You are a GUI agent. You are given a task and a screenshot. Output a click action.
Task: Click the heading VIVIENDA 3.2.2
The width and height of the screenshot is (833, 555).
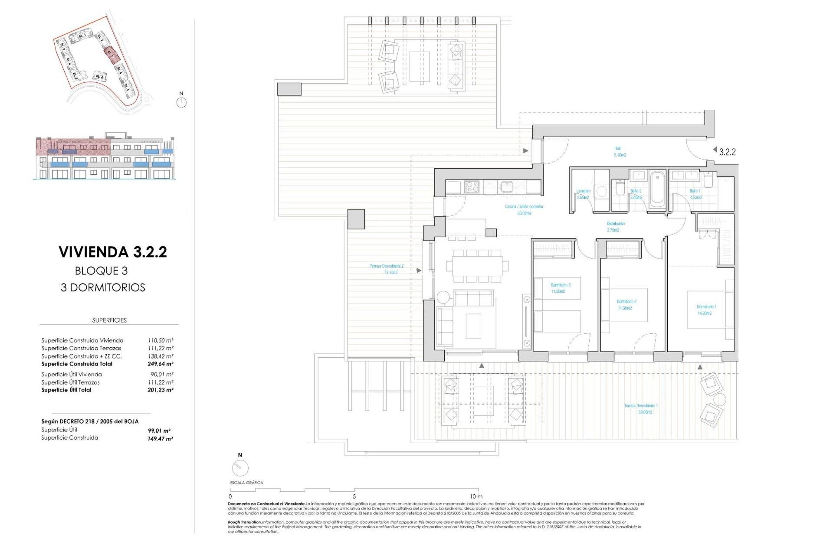pyautogui.click(x=113, y=252)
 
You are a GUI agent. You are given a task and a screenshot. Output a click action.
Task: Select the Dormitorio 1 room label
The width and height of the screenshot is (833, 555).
pyautogui.click(x=706, y=310)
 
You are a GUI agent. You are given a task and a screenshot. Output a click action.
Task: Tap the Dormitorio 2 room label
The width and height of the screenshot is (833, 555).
pyautogui.click(x=626, y=304)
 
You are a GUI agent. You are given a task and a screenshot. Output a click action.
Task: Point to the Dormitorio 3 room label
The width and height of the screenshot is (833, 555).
pyautogui.click(x=560, y=288)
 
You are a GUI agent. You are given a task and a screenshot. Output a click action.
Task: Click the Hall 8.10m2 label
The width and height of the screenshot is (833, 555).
pyautogui.click(x=619, y=151)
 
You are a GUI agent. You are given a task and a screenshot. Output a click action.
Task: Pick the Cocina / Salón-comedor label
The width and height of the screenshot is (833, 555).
pyautogui.click(x=524, y=209)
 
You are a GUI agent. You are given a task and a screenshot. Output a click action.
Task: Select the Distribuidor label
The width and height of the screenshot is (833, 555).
pyautogui.click(x=615, y=226)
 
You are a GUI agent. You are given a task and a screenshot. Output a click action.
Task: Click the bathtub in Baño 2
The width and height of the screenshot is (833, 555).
pyautogui.click(x=657, y=189)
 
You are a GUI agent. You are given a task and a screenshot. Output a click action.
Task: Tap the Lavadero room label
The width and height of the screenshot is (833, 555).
pyautogui.click(x=583, y=194)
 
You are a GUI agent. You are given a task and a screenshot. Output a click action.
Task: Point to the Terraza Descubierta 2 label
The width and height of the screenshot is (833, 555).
pyautogui.click(x=386, y=269)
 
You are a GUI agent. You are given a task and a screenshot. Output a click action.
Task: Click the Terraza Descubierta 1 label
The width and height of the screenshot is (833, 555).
pyautogui.click(x=640, y=408)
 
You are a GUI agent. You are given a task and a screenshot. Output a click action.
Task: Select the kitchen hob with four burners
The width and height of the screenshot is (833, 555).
pyautogui.click(x=472, y=187)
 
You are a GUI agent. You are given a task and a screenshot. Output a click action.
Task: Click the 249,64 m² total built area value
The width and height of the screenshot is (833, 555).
pyautogui.click(x=160, y=364)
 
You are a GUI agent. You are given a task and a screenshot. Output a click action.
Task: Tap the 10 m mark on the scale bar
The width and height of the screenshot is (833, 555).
pyautogui.click(x=476, y=496)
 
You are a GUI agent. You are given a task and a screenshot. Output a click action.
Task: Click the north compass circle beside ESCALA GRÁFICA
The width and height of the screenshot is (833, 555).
pyautogui.click(x=240, y=468)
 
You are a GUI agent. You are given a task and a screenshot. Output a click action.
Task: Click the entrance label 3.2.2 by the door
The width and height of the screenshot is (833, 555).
pyautogui.click(x=727, y=152)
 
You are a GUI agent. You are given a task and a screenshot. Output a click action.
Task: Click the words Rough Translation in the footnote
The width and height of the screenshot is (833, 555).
pyautogui.click(x=245, y=522)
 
